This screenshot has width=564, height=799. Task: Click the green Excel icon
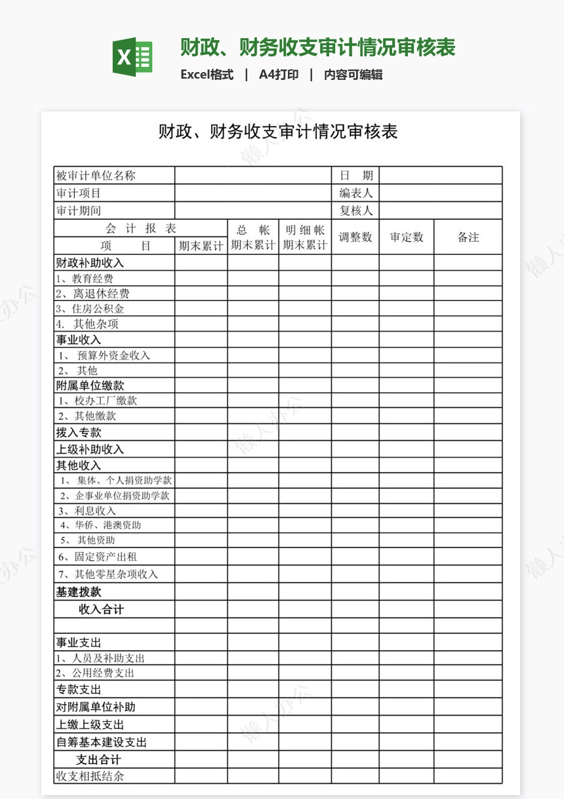pos(133,58)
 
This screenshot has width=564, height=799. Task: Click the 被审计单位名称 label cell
pos(96,176)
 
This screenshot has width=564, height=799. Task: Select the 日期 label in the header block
pos(356,176)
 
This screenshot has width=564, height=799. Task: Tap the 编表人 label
pos(356,193)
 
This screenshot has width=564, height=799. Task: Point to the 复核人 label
pos(356,211)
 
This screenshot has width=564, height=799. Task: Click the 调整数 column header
pos(355,237)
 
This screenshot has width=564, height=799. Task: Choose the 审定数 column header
pos(407,237)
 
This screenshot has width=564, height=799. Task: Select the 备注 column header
pos(468,237)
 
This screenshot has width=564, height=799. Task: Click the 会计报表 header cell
pos(141,229)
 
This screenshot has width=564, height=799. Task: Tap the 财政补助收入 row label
pos(90,263)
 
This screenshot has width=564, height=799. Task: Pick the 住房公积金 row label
pos(90,309)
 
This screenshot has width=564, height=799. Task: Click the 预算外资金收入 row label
pos(104,355)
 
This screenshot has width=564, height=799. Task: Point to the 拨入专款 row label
pos(79,433)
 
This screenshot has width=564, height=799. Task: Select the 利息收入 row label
pos(87,511)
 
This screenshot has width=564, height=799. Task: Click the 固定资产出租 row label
pos(97,557)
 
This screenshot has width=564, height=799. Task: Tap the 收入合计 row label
pos(101,610)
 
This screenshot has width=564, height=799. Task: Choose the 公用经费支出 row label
pos(95,673)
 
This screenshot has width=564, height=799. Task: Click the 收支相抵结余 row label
pos(90,776)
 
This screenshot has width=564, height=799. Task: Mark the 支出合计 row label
pos(98,760)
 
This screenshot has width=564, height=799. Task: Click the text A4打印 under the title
pos(279,75)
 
